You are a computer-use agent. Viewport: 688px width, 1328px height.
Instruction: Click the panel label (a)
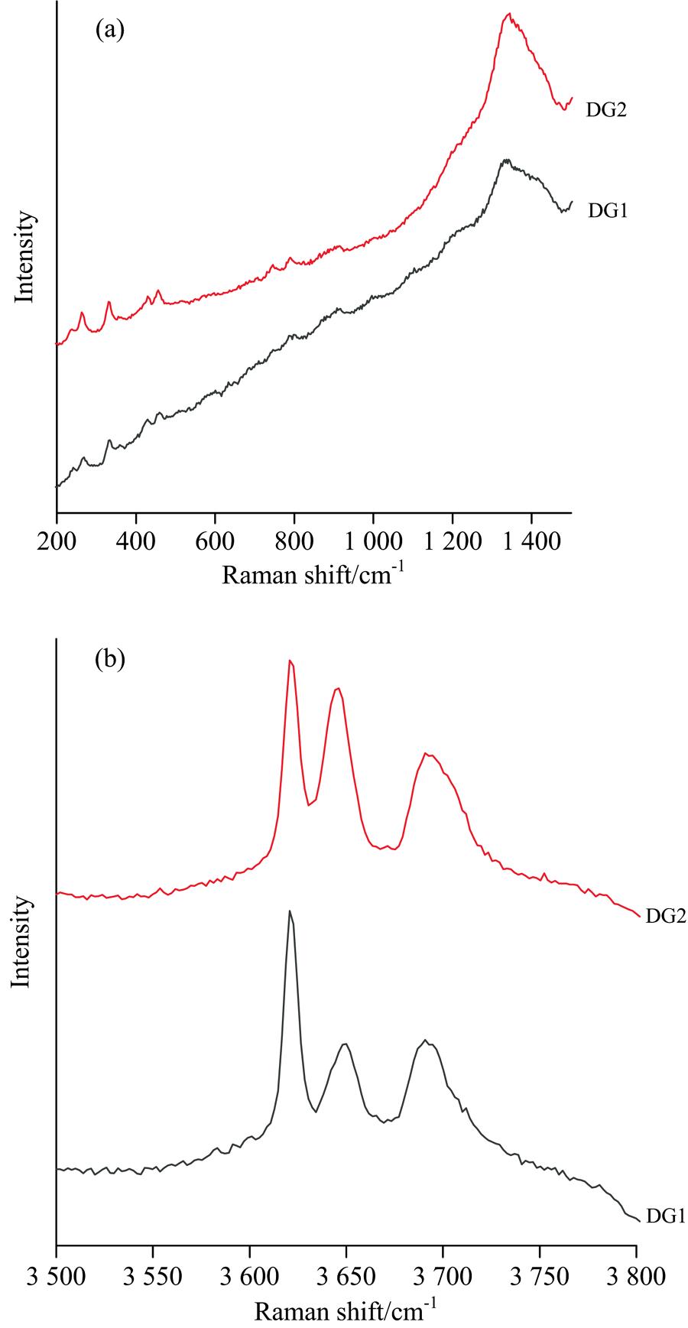point(109,30)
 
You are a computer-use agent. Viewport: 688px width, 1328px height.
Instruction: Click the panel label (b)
point(109,658)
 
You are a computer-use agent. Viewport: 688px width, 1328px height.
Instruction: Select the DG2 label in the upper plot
point(606,110)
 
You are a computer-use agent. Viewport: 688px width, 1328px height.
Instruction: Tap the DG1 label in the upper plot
point(608,210)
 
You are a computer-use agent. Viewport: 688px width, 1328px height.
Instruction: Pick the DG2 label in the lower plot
point(666,916)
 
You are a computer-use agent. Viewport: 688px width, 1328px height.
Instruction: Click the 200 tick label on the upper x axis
point(57,541)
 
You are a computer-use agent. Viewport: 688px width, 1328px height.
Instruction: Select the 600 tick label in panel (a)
point(215,541)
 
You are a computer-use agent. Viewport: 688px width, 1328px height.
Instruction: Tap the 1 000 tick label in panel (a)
point(373,541)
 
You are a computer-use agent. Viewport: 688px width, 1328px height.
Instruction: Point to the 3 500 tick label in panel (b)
point(57,1276)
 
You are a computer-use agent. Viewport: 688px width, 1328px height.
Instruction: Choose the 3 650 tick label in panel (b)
point(346,1276)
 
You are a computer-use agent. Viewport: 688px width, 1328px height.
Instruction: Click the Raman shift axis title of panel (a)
point(313,573)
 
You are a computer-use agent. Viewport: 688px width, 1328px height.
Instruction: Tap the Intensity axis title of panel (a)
point(25,257)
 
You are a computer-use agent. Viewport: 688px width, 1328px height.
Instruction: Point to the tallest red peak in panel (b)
point(290,661)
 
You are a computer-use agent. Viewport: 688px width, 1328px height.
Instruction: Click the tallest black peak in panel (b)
point(290,911)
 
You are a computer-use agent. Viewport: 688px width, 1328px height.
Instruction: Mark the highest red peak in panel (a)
point(509,14)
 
